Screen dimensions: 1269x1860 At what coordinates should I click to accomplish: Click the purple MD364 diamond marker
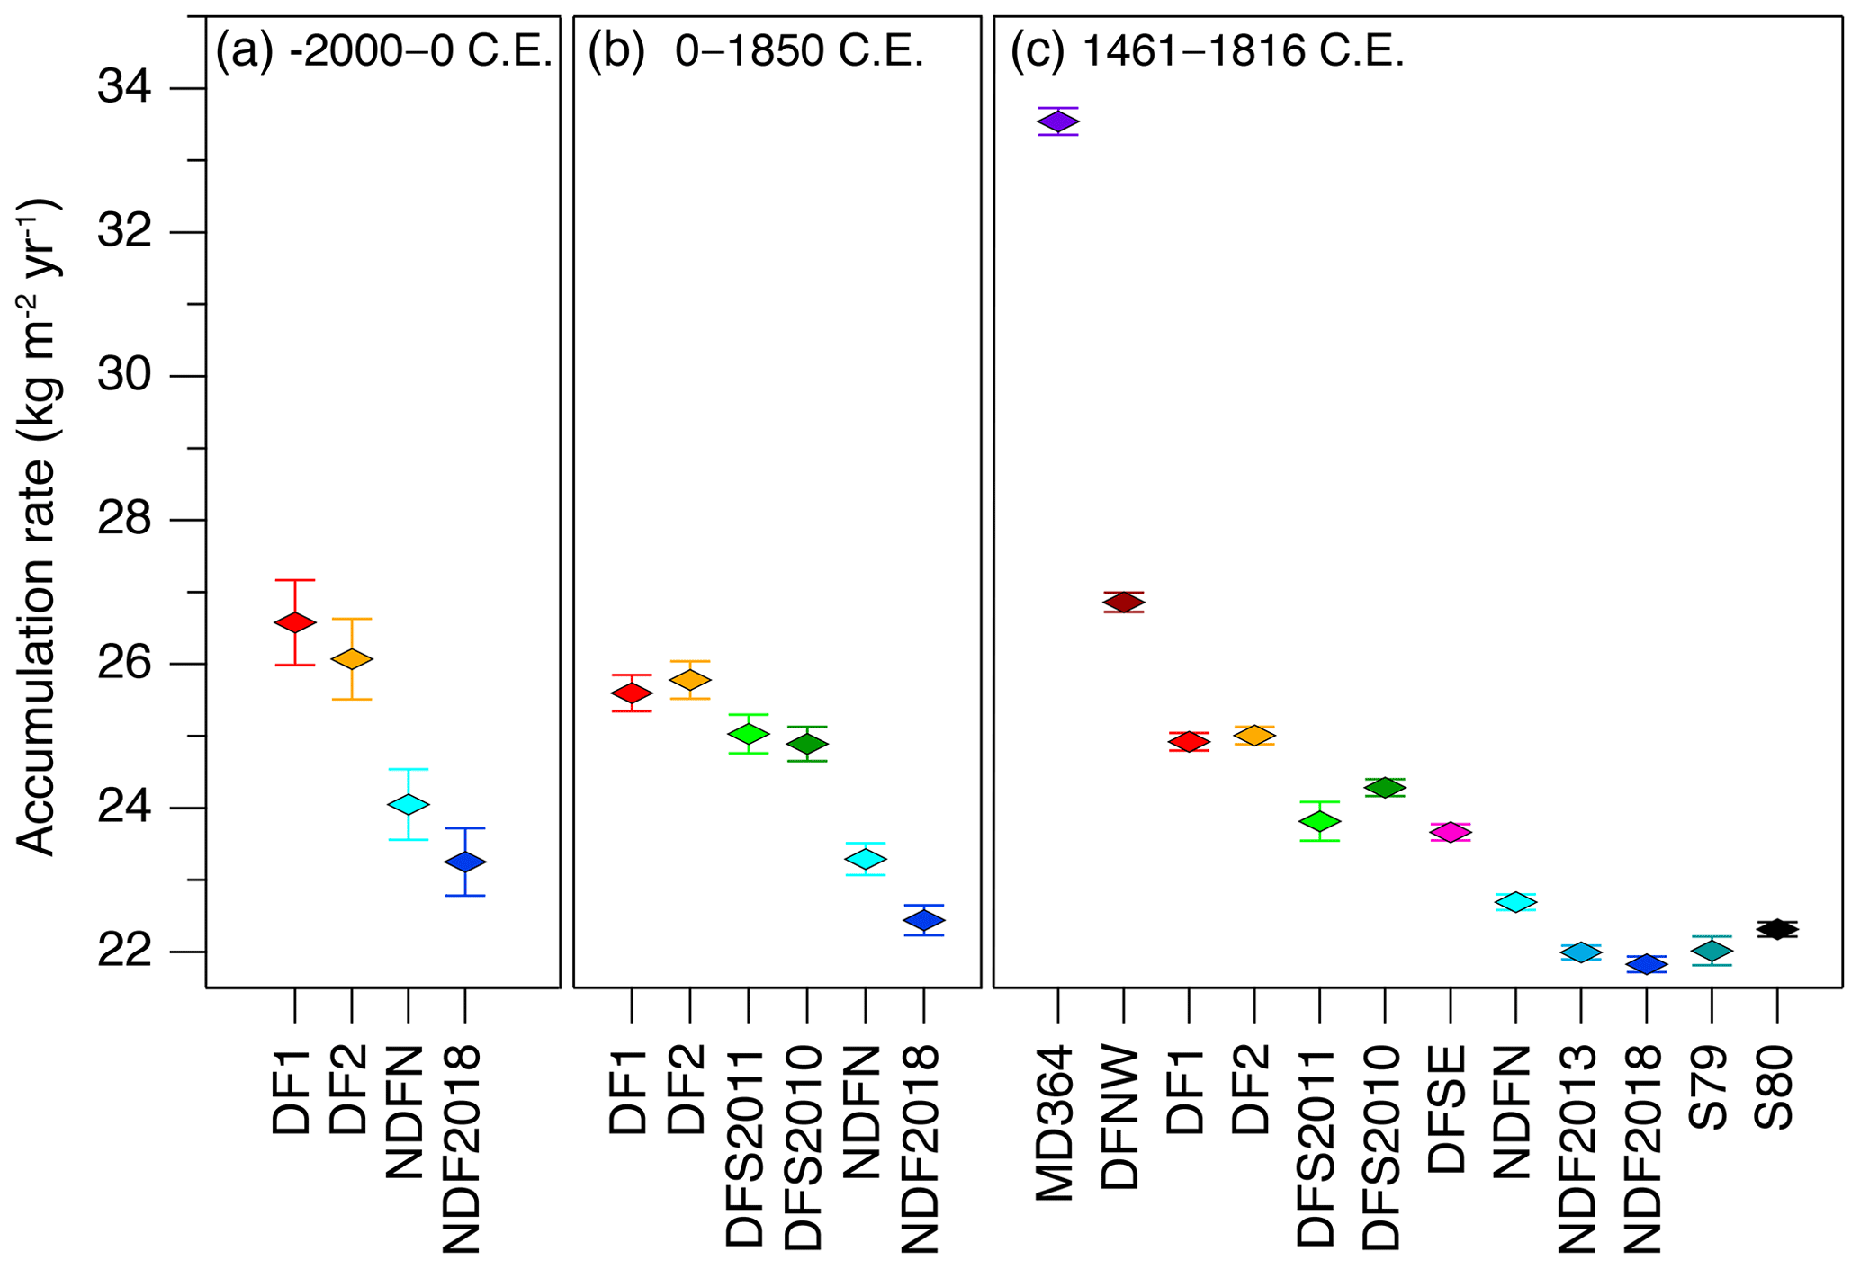[1057, 121]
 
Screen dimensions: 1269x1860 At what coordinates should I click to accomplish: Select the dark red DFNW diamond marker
[1123, 603]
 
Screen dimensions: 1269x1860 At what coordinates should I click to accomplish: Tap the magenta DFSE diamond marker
[1450, 832]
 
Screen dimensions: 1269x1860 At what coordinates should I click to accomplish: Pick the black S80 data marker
[1776, 929]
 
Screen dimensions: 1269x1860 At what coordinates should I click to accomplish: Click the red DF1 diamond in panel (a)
[294, 622]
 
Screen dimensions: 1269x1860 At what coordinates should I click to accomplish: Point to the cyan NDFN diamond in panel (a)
[408, 804]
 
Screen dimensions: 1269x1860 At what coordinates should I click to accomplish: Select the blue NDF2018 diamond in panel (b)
[923, 920]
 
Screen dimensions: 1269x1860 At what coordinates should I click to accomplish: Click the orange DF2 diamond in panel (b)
[689, 680]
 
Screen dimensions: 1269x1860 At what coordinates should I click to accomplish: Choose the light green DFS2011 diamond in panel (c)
[1319, 821]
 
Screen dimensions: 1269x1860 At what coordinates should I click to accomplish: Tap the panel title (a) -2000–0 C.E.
[383, 52]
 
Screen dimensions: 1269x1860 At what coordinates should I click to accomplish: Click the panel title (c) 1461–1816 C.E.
[1207, 52]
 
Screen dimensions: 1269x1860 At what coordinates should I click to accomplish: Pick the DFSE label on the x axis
[1449, 1108]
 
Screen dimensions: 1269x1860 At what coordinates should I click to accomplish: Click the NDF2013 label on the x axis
[1579, 1148]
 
